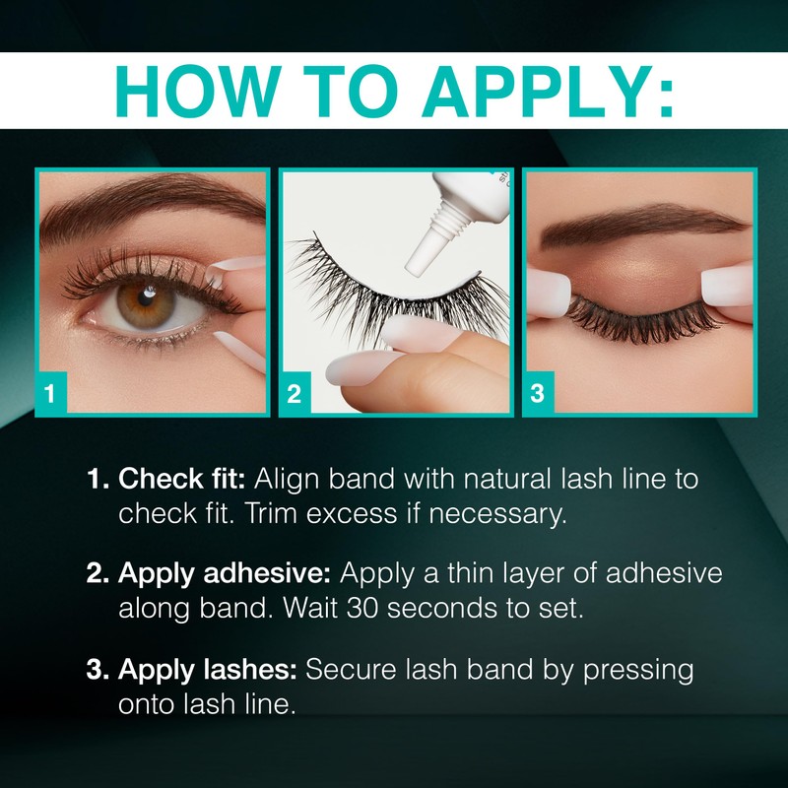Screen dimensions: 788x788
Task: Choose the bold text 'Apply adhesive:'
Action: [228, 574]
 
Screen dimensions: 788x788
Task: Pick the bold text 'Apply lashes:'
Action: [208, 670]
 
